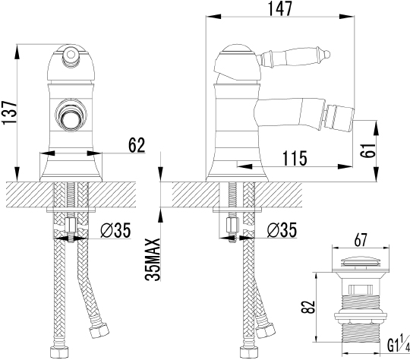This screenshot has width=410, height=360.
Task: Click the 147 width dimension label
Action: click(279, 8)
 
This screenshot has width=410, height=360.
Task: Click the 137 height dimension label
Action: click(10, 112)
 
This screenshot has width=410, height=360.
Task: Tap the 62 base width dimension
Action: click(136, 145)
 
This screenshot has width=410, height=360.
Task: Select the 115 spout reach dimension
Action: click(294, 158)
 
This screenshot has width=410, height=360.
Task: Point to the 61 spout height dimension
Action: click(367, 150)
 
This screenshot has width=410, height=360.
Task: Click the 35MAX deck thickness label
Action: click(153, 259)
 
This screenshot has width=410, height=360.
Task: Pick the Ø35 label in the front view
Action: click(115, 230)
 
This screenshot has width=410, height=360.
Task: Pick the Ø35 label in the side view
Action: click(282, 230)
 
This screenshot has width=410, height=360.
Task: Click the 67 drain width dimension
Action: click(361, 239)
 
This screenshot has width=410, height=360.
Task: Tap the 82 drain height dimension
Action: click(307, 307)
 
